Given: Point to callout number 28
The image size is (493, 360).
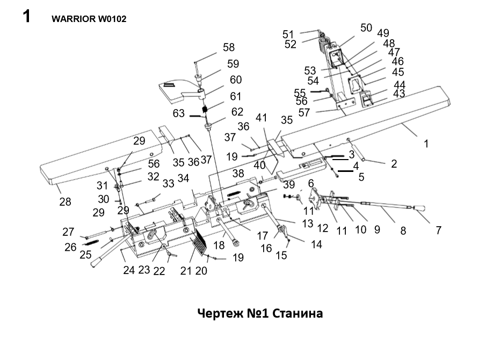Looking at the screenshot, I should pyautogui.click(x=66, y=201).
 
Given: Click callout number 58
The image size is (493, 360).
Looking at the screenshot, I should pyautogui.click(x=228, y=47).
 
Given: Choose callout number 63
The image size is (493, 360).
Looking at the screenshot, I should pyautogui.click(x=179, y=113).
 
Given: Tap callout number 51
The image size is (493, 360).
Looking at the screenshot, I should pyautogui.click(x=288, y=34).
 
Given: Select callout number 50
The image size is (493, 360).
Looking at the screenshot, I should pyautogui.click(x=366, y=27).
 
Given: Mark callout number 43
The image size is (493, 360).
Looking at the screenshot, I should pyautogui.click(x=399, y=93).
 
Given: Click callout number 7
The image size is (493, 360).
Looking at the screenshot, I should pyautogui.click(x=438, y=231).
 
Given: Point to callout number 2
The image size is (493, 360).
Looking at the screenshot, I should pyautogui.click(x=394, y=164).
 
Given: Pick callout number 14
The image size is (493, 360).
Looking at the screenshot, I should pyautogui.click(x=317, y=244).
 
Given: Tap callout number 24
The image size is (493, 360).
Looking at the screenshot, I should pyautogui.click(x=129, y=270).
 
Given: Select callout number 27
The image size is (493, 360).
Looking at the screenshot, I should pyautogui.click(x=68, y=232).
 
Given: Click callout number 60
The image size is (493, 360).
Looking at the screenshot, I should pyautogui.click(x=236, y=80).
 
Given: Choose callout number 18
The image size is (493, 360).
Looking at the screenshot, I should pyautogui.click(x=219, y=246).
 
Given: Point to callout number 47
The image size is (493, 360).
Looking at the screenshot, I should pyautogui.click(x=394, y=52).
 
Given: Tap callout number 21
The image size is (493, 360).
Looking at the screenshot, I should pyautogui.click(x=186, y=271).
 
